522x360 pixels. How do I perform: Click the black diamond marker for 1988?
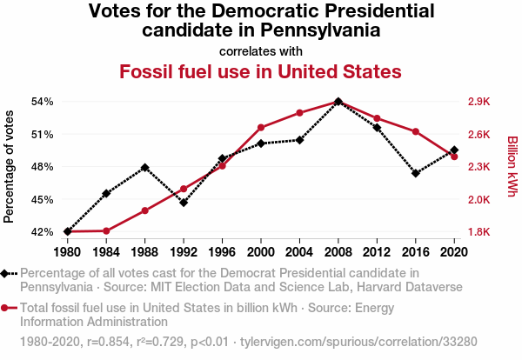pyautogui.click(x=145, y=167)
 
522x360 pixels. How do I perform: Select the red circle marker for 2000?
pyautogui.click(x=261, y=128)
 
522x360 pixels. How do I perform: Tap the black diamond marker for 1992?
pyautogui.click(x=184, y=203)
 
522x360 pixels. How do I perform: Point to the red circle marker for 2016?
pyautogui.click(x=416, y=131)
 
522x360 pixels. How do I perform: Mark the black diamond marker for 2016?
pyautogui.click(x=416, y=173)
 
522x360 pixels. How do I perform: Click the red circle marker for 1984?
pyautogui.click(x=106, y=230)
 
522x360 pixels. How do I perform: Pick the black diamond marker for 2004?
pyautogui.click(x=299, y=139)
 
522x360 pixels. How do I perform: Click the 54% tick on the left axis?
pyautogui.click(x=43, y=102)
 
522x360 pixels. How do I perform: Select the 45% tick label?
pyautogui.click(x=43, y=199)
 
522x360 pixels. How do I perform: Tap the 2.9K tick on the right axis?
pyautogui.click(x=479, y=102)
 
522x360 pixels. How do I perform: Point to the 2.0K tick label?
pyautogui.click(x=479, y=199)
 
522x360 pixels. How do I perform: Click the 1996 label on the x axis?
pyautogui.click(x=222, y=252)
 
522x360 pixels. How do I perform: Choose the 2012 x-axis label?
pyautogui.click(x=377, y=252)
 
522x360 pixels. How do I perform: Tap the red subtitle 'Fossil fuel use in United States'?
pyautogui.click(x=260, y=71)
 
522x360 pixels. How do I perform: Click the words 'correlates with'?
pyautogui.click(x=260, y=50)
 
